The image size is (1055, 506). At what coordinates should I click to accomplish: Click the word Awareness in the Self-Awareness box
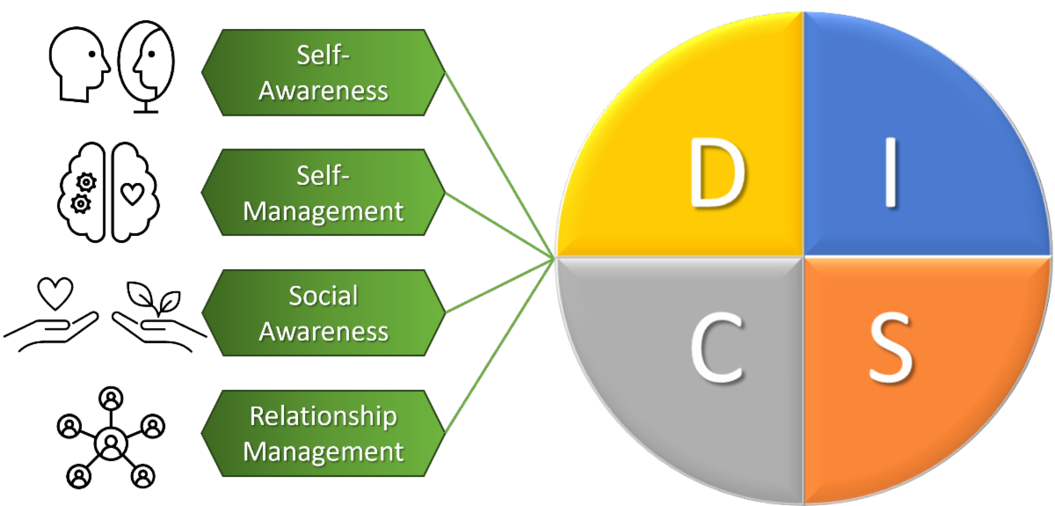324,90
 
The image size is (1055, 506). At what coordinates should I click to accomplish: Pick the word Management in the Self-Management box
324,211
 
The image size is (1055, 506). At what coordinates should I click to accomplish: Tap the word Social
324,296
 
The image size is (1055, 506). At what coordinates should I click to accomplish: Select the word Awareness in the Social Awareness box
324,332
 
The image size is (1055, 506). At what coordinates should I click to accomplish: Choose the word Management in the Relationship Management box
324,452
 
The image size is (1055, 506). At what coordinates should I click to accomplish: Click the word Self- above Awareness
324,55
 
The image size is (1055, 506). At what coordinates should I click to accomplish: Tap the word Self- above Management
324,175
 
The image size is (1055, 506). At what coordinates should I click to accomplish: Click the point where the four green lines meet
554,256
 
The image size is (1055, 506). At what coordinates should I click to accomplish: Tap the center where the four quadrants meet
804,256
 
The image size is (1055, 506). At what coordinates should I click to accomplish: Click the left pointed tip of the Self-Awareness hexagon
202,72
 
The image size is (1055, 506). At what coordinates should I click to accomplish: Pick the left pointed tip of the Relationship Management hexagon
202,434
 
